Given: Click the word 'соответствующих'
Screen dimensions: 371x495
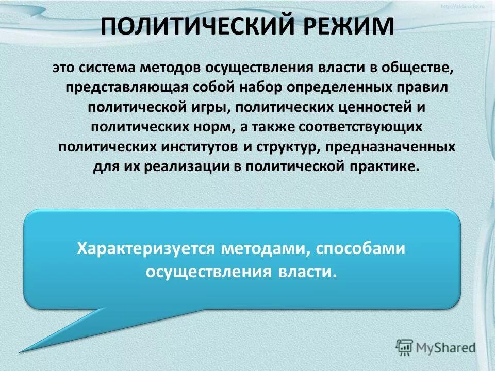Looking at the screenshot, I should click(x=366, y=126).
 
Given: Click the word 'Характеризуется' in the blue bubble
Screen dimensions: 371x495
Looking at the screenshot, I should click(x=145, y=249).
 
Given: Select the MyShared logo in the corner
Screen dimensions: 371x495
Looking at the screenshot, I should click(x=436, y=347).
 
